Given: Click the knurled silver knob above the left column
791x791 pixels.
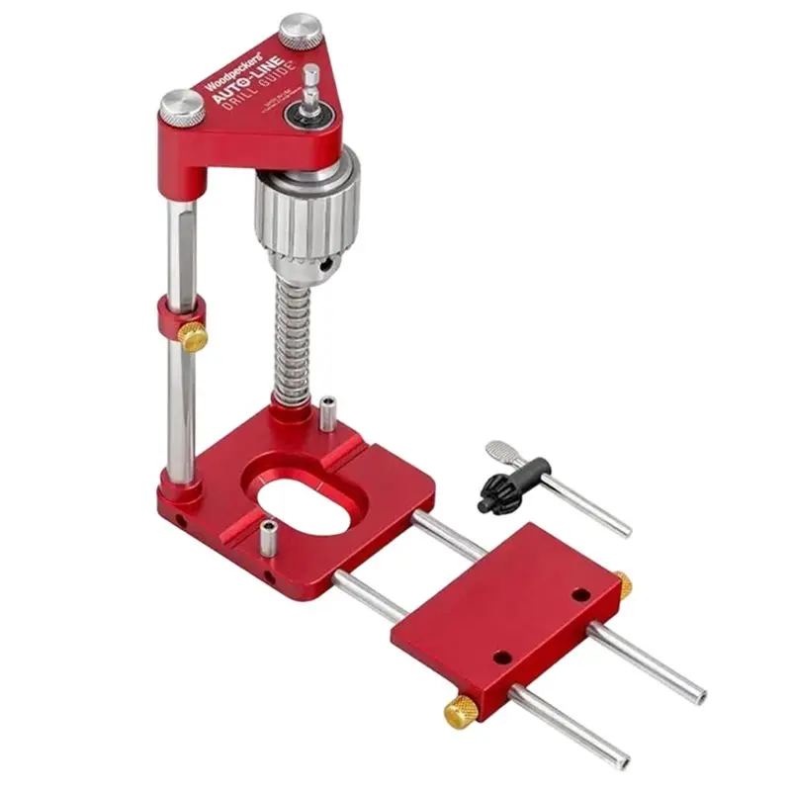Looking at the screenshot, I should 184,106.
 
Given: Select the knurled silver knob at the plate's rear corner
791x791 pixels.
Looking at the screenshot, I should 298,30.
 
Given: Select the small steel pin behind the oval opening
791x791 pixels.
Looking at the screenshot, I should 325,413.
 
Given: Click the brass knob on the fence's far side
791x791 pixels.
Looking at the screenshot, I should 622,583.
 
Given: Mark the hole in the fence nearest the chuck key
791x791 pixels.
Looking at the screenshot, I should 580,595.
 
